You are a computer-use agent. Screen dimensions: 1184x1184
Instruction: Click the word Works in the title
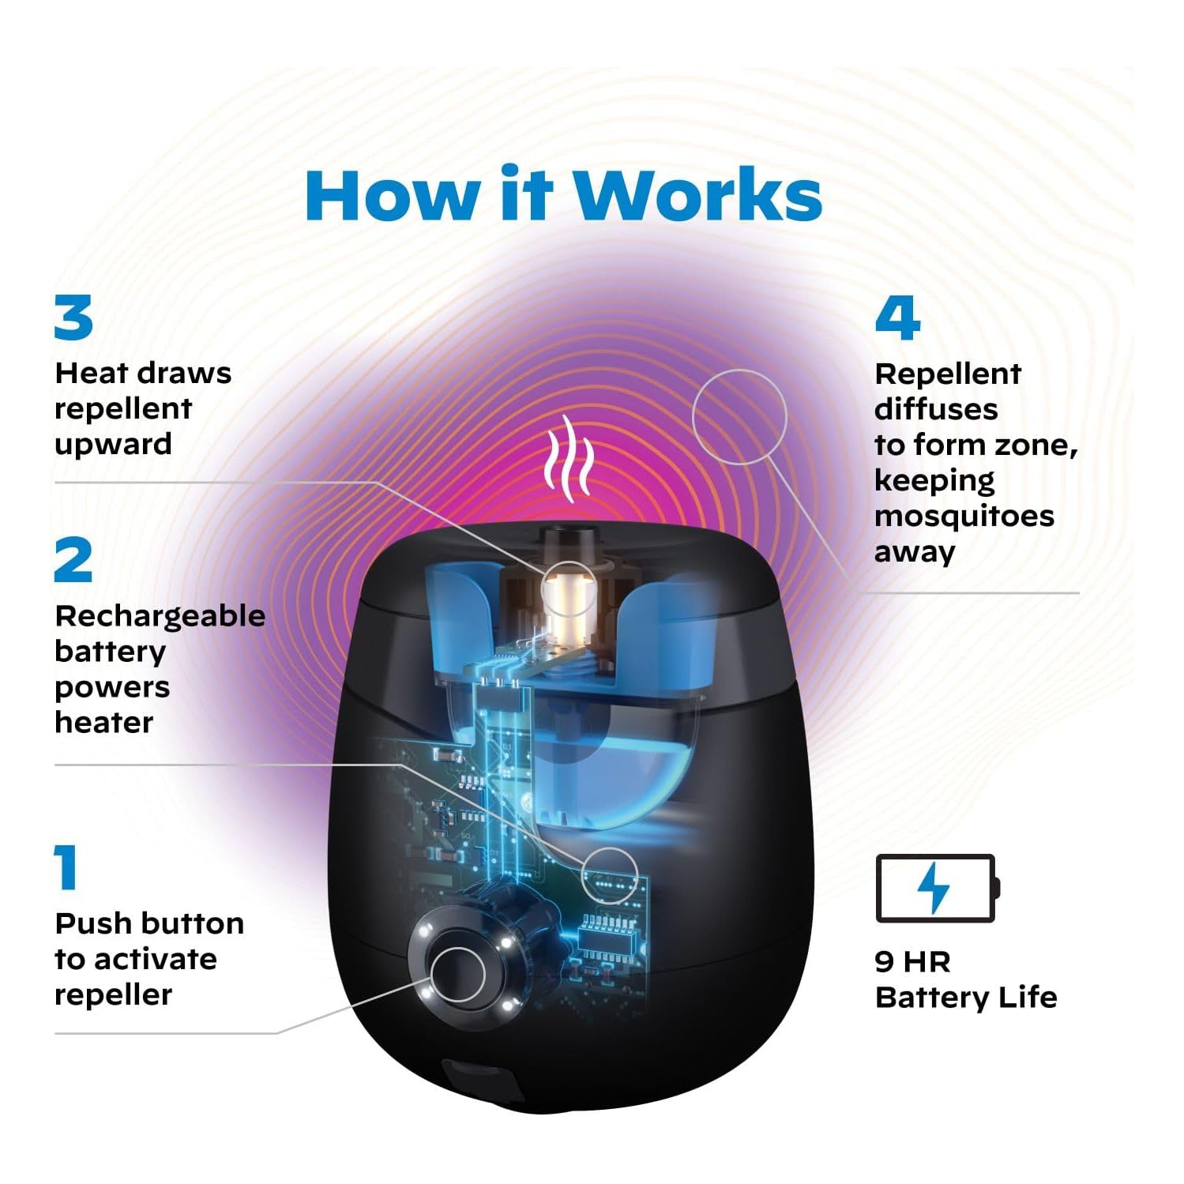pos(698,194)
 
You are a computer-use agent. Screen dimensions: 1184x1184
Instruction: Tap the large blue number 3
pos(73,318)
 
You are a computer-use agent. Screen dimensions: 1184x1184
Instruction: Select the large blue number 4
pos(897,318)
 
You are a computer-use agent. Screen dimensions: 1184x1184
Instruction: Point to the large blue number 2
pos(73,560)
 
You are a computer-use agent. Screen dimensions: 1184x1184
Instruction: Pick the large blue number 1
pos(66,867)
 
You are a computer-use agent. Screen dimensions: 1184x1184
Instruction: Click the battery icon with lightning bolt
pos(938,888)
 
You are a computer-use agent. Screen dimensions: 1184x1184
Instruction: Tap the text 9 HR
pos(912,961)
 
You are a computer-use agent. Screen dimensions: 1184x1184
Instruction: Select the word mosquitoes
pos(964,517)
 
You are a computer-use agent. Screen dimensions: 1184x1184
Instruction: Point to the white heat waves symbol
pos(569,458)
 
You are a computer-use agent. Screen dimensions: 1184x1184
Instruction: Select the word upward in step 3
pos(113,445)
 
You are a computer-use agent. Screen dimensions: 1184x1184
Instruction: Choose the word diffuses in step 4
pos(936,409)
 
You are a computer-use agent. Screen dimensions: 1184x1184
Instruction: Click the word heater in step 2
pos(103,723)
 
